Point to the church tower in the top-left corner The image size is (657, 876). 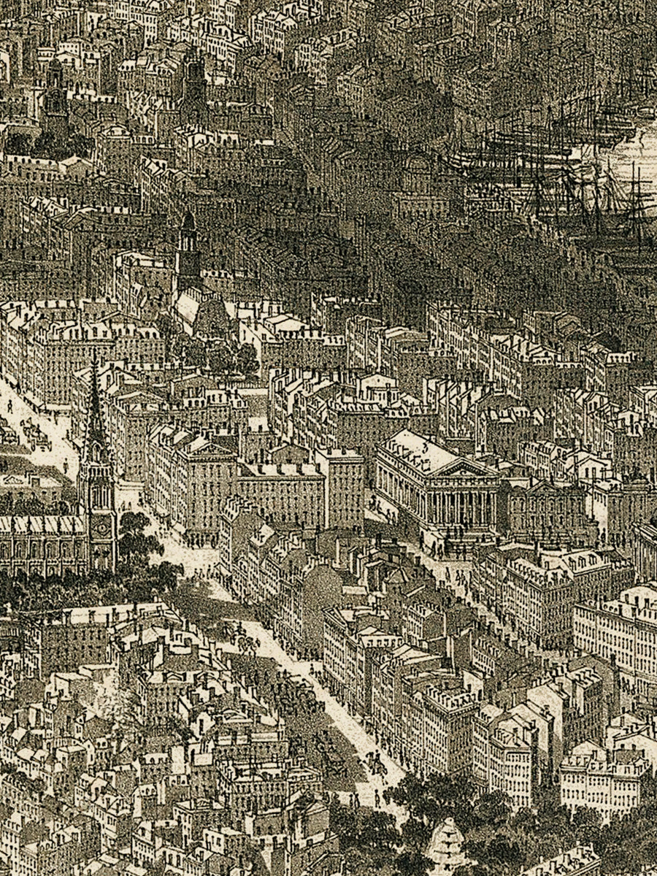pos(55,91)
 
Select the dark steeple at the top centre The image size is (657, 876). pos(194,77)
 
